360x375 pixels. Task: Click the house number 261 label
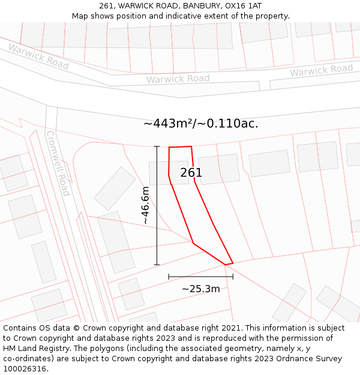point(191,173)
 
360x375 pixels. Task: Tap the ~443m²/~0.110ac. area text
point(201,124)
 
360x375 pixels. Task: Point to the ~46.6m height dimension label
point(145,205)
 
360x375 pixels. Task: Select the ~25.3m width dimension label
point(200,289)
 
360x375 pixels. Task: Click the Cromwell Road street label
point(58,163)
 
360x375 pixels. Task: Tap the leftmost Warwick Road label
point(38,56)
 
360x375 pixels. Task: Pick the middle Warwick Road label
point(178,79)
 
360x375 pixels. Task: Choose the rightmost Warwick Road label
point(322,70)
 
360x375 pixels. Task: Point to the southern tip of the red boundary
point(226,264)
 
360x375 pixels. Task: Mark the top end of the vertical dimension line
point(157,146)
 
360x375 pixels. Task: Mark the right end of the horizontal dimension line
point(233,277)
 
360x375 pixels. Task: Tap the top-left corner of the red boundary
point(169,147)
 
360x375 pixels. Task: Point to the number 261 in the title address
point(109,5)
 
